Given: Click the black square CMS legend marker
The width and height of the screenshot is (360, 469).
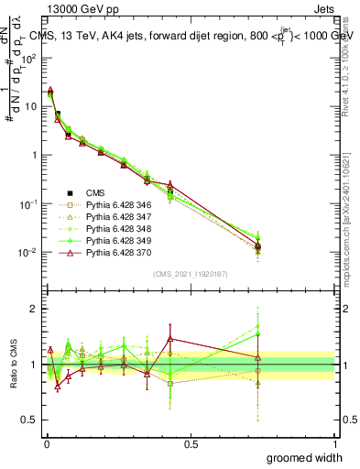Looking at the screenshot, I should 69,192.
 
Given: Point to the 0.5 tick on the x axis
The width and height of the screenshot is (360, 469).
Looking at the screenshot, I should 191,444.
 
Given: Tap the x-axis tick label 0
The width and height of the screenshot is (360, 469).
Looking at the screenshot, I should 47,444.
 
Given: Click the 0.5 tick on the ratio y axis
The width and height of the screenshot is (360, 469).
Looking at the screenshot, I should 31,420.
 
